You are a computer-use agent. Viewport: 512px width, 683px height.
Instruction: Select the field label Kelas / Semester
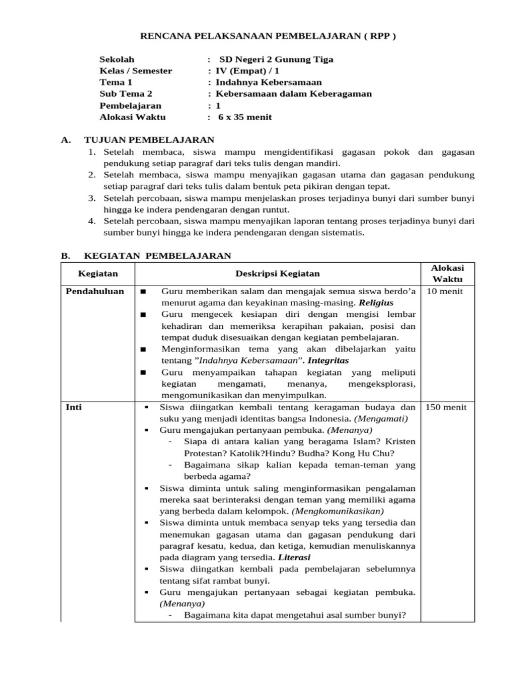click(x=135, y=71)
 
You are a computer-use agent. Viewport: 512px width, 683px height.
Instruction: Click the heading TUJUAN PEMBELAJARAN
click(x=149, y=140)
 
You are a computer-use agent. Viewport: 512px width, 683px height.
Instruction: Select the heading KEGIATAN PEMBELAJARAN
click(x=157, y=255)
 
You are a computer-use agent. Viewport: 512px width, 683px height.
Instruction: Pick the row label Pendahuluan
click(x=95, y=291)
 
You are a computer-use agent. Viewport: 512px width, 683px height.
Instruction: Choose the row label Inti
click(x=73, y=407)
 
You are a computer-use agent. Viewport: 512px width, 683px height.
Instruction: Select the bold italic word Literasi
click(x=294, y=557)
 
